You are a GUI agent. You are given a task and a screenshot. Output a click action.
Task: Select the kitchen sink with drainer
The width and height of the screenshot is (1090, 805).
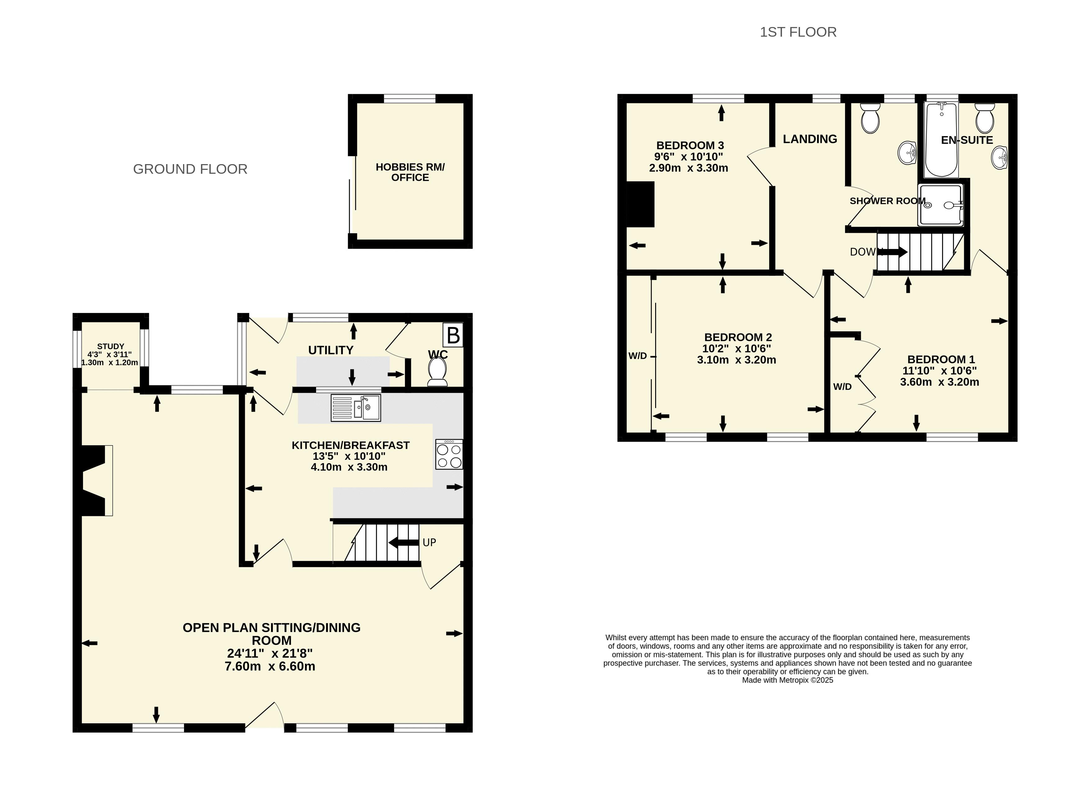click(x=356, y=407)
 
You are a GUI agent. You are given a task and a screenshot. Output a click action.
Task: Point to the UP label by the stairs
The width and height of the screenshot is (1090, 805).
click(x=429, y=542)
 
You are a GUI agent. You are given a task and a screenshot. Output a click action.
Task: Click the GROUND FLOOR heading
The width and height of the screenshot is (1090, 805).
click(x=190, y=169)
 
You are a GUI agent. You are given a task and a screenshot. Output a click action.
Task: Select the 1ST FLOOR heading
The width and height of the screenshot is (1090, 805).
click(x=798, y=32)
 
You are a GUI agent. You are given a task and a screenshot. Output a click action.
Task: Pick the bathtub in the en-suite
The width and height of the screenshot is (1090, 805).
click(x=941, y=139)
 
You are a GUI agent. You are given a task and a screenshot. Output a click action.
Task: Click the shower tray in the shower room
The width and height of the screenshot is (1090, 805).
click(x=941, y=205)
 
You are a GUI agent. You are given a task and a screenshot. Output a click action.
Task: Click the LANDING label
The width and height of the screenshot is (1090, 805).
click(x=810, y=139)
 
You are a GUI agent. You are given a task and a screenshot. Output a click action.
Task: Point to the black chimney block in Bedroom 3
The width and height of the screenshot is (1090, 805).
click(x=640, y=204)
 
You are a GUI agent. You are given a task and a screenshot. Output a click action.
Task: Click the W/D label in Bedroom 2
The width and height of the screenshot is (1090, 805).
click(x=637, y=356)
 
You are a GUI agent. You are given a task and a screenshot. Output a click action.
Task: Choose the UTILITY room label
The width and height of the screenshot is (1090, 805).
click(x=330, y=350)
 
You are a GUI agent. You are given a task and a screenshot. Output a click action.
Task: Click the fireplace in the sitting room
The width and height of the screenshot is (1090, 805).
click(x=96, y=481)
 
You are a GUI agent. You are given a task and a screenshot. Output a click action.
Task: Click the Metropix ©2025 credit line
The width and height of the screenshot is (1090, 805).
click(x=787, y=680)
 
